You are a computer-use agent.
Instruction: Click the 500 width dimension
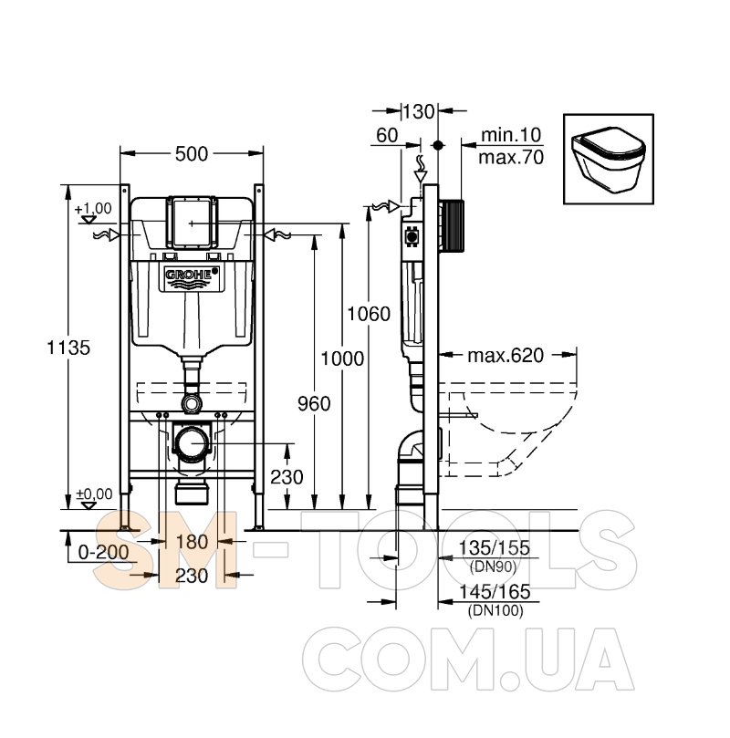click(192, 154)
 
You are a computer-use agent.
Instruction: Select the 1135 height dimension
click(68, 348)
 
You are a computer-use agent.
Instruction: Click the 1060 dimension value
click(369, 314)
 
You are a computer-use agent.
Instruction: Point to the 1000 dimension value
click(342, 359)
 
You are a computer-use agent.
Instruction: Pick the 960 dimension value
click(314, 404)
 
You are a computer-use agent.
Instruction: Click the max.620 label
click(506, 356)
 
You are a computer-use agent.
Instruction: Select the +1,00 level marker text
click(93, 208)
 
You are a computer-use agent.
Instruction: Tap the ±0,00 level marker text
click(94, 494)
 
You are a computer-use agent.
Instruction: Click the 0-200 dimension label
click(103, 552)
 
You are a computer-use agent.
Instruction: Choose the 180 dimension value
click(192, 542)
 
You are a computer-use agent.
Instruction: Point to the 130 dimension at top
click(419, 112)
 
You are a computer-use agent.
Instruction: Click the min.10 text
click(511, 135)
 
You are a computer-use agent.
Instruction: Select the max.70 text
click(511, 158)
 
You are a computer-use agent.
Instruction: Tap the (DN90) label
click(493, 566)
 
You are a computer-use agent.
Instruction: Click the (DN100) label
click(495, 611)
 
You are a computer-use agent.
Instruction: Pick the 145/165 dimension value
click(495, 592)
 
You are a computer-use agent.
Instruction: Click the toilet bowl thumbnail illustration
click(608, 159)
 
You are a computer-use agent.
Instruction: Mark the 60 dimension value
click(387, 136)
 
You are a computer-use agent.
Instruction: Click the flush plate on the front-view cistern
click(192, 223)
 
